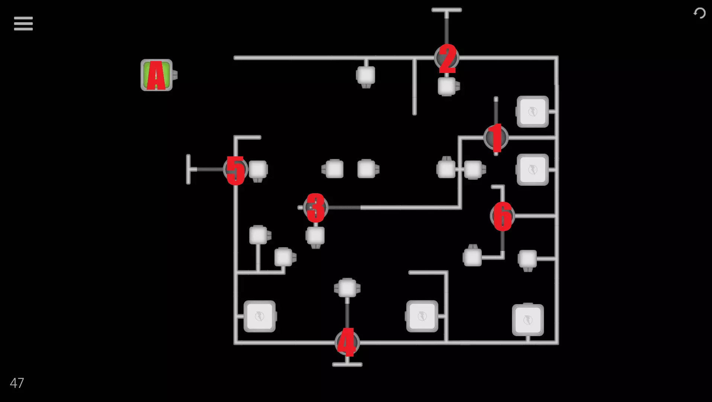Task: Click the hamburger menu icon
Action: [23, 23]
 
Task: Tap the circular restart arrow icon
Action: [699, 13]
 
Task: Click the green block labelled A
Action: [157, 75]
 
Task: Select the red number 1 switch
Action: [496, 138]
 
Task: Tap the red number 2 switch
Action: [447, 58]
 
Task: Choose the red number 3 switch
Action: [316, 207]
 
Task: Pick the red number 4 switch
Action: [347, 342]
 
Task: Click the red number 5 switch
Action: [236, 169]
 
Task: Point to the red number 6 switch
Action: [502, 216]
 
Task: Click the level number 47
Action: [17, 383]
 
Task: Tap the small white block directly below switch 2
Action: [447, 86]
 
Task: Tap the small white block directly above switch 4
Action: [347, 288]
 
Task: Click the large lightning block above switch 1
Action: [532, 112]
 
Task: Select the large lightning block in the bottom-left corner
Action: [260, 316]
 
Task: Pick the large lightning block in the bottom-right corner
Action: [528, 320]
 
